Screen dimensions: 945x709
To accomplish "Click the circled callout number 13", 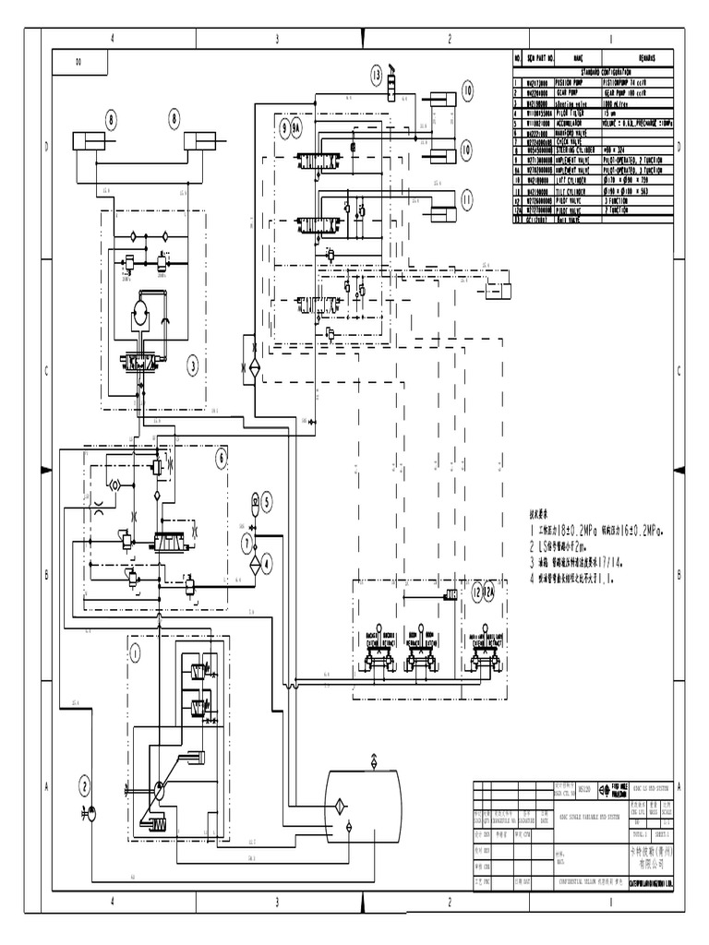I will [378, 74].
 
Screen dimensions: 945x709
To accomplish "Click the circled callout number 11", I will [467, 199].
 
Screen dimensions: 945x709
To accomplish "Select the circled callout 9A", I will [297, 130].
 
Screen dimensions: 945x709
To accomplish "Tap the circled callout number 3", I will [193, 365].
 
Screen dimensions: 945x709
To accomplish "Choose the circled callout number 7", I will [246, 541].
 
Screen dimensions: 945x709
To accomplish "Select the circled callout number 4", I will [267, 562].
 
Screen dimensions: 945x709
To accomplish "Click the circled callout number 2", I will [84, 785].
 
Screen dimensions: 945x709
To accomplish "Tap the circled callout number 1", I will [135, 654].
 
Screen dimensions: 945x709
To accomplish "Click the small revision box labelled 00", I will [78, 64].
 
